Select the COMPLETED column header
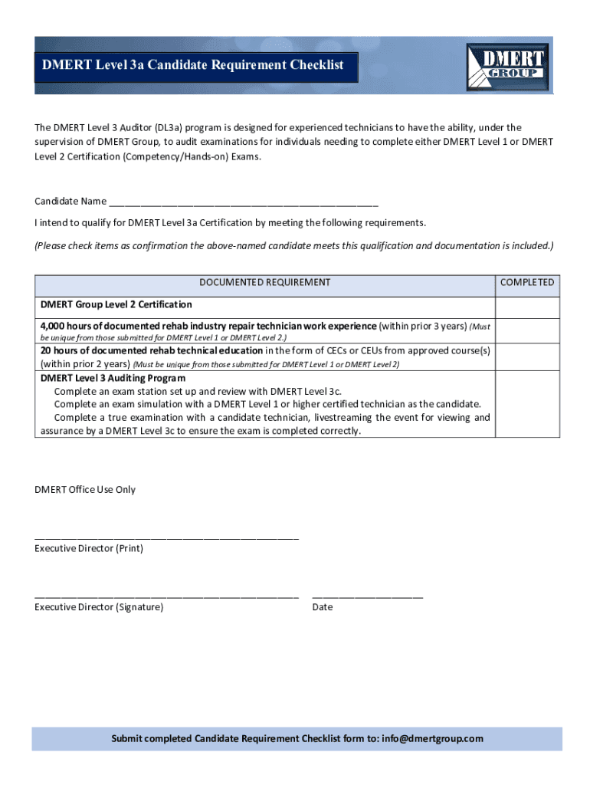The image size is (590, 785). point(526,283)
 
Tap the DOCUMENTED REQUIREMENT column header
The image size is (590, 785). point(264,283)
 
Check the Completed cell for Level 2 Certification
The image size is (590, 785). point(526,306)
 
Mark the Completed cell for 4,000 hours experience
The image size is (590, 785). point(526,330)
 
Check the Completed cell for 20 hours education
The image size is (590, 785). point(526,356)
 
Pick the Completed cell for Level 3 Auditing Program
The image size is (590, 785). point(526,404)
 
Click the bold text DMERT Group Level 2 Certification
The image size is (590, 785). point(116,305)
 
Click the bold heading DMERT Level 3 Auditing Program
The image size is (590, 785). point(113,378)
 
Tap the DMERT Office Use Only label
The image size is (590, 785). point(85,490)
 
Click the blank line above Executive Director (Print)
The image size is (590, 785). point(166,538)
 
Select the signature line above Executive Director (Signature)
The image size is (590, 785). point(166,596)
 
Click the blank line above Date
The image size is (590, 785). point(367,596)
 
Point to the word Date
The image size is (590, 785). point(323,607)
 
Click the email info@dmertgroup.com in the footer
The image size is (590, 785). point(432,739)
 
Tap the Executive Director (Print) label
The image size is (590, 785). point(89,549)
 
